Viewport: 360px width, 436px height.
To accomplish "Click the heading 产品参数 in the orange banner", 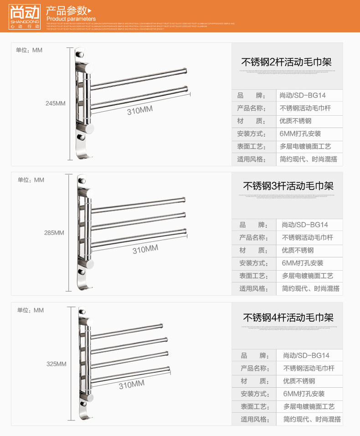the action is tap(66, 10).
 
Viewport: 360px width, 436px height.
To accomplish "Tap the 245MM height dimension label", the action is tap(56, 103).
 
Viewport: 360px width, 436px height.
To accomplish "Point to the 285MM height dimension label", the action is tap(54, 233).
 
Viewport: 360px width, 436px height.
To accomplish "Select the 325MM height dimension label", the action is tap(57, 364).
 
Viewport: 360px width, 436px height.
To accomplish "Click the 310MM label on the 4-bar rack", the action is tap(132, 385).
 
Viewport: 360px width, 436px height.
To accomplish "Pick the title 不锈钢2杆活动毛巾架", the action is tap(286, 62).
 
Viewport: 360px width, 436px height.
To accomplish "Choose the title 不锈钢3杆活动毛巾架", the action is tap(288, 186).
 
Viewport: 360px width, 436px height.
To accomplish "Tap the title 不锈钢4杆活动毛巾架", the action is tap(288, 317).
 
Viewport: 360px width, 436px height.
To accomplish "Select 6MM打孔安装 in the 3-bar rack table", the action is tap(303, 263).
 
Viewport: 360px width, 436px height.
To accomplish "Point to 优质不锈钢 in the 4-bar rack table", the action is tap(299, 381).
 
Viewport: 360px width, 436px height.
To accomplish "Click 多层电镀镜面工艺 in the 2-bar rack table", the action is tap(305, 147).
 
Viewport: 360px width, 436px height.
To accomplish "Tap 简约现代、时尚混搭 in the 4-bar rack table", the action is tap(312, 419).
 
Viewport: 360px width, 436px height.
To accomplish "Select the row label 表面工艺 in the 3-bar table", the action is tap(254, 276).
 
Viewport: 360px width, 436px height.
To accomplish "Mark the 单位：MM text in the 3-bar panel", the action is tap(31, 180).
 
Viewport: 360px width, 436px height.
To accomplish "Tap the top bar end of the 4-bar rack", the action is tap(161, 326).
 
